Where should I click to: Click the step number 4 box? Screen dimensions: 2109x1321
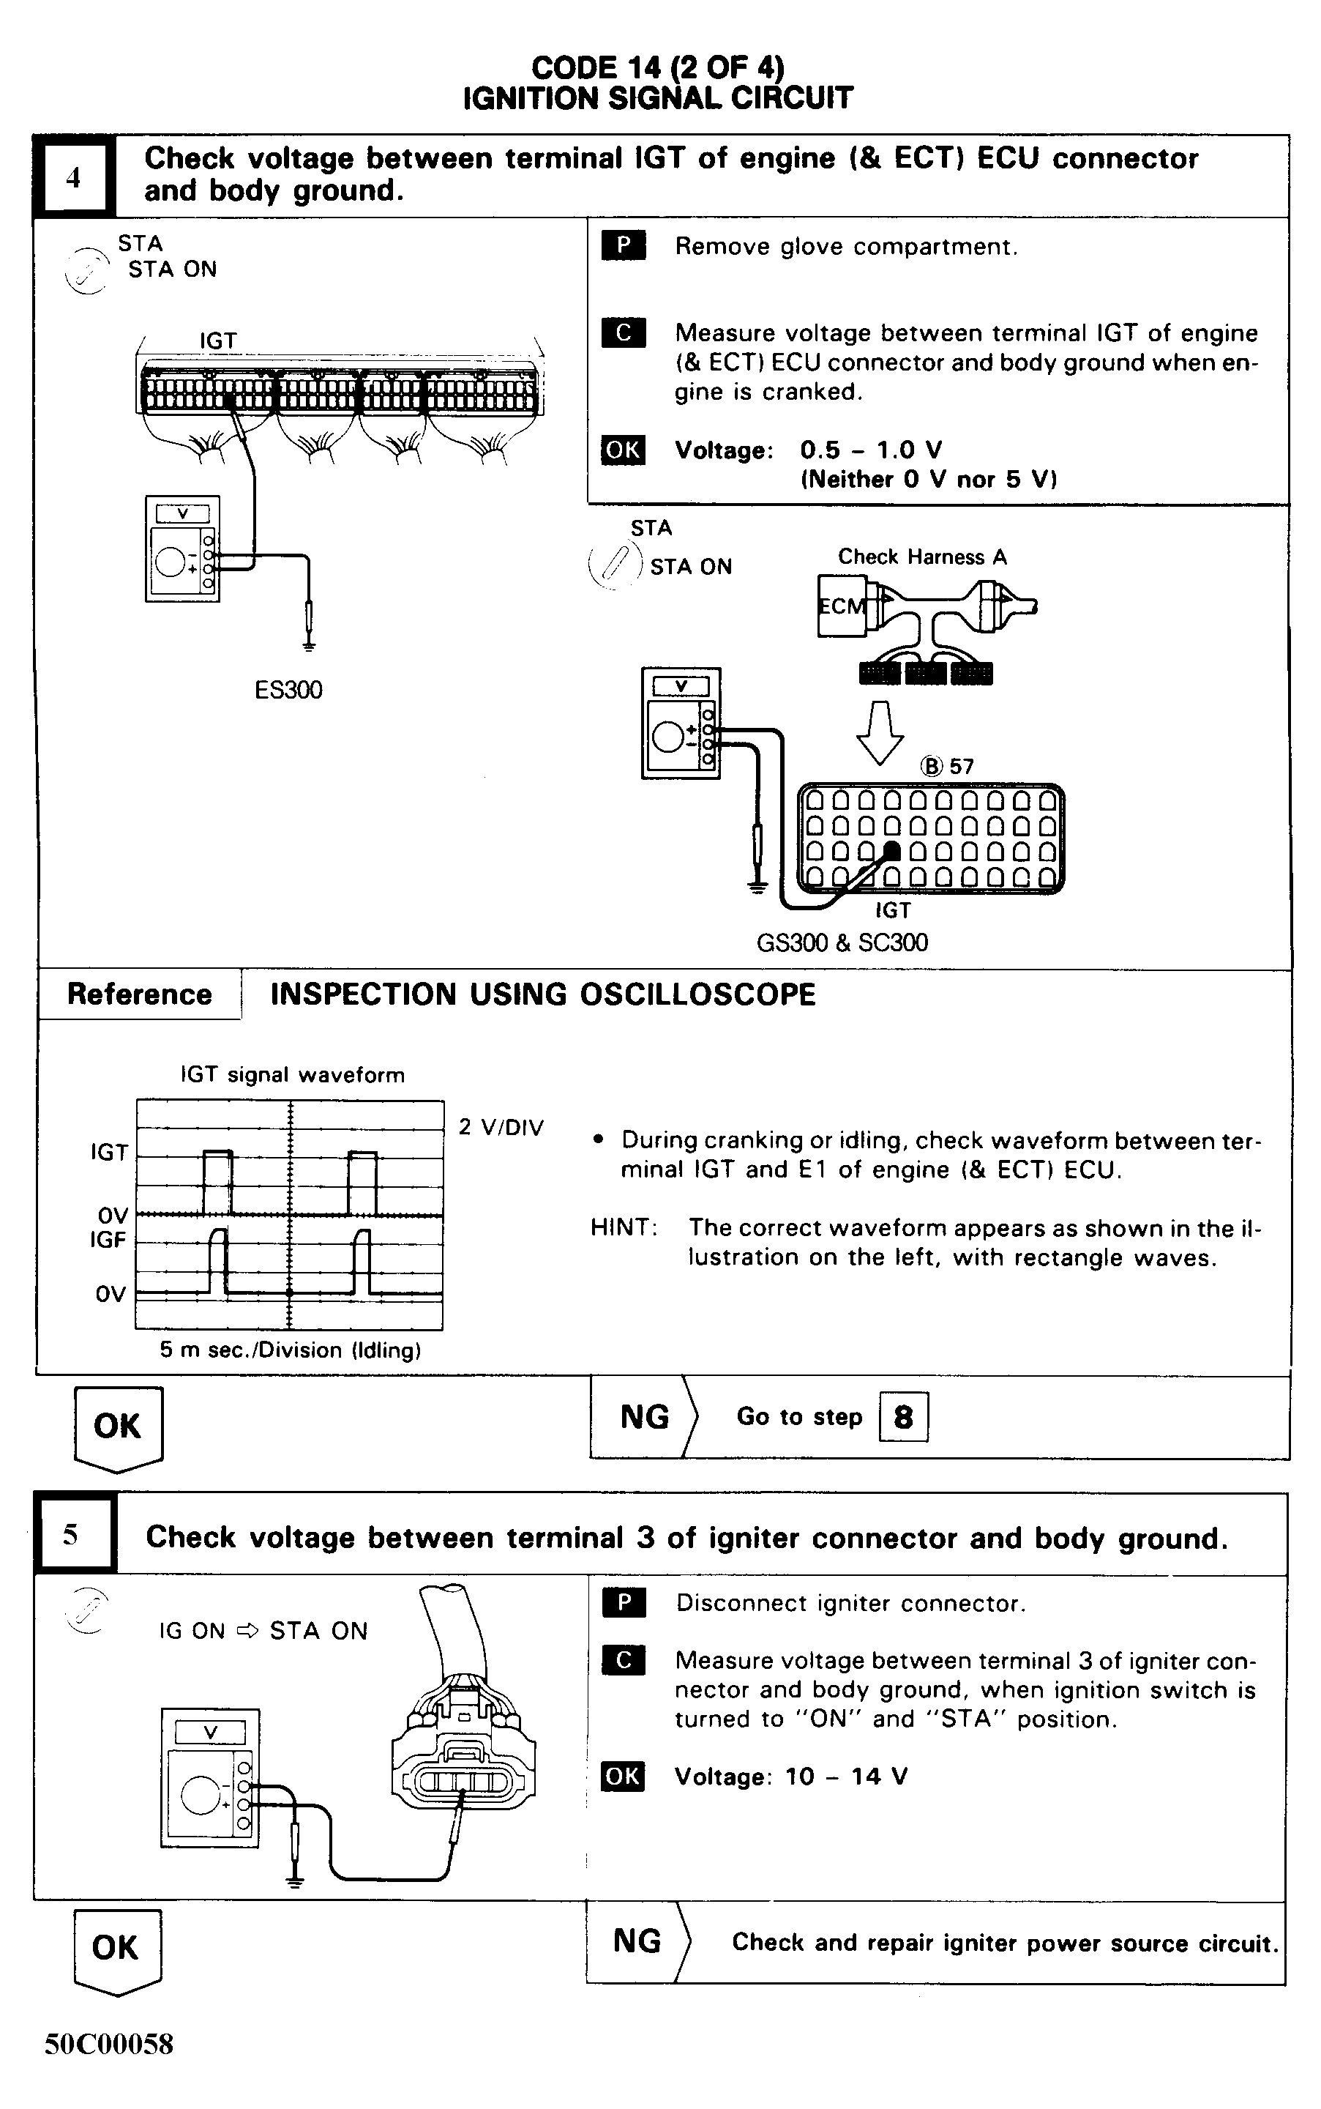point(73,177)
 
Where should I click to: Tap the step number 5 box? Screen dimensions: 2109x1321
point(72,1535)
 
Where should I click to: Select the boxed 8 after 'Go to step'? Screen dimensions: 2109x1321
point(902,1416)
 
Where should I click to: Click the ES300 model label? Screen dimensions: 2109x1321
point(288,691)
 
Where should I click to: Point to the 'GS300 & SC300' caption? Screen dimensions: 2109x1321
point(842,942)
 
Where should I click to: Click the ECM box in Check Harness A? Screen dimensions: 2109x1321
point(839,606)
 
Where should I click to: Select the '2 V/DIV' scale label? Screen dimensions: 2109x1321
point(501,1128)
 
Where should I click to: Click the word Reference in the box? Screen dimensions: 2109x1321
point(139,994)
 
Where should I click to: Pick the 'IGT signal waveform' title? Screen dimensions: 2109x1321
point(293,1075)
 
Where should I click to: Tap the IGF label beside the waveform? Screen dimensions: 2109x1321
point(108,1239)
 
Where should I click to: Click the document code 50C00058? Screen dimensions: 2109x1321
point(109,2043)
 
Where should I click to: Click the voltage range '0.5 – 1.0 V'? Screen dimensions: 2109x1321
point(870,450)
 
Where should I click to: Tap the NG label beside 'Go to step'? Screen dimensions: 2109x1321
point(644,1417)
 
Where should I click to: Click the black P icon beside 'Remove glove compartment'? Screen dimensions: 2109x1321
point(623,245)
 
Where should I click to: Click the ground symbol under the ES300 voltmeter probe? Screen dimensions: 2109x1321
point(308,647)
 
